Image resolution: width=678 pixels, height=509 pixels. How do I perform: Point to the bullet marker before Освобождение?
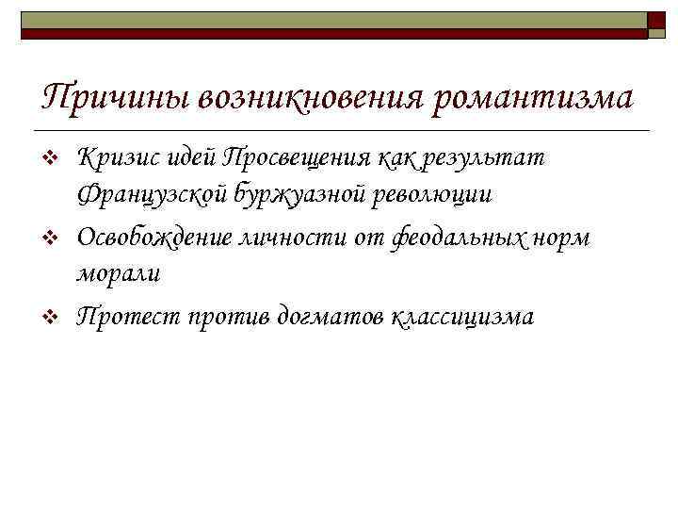pyautogui.click(x=53, y=238)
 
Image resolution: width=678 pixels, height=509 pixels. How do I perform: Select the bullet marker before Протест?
pyautogui.click(x=53, y=316)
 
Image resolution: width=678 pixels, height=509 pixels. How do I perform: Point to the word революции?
pyautogui.click(x=430, y=196)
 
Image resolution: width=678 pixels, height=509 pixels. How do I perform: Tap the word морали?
pyautogui.click(x=119, y=274)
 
